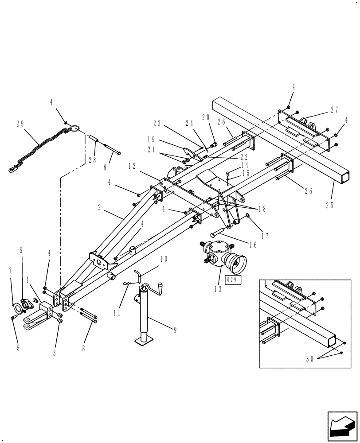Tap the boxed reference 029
[232, 280]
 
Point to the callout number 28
[92, 160]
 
